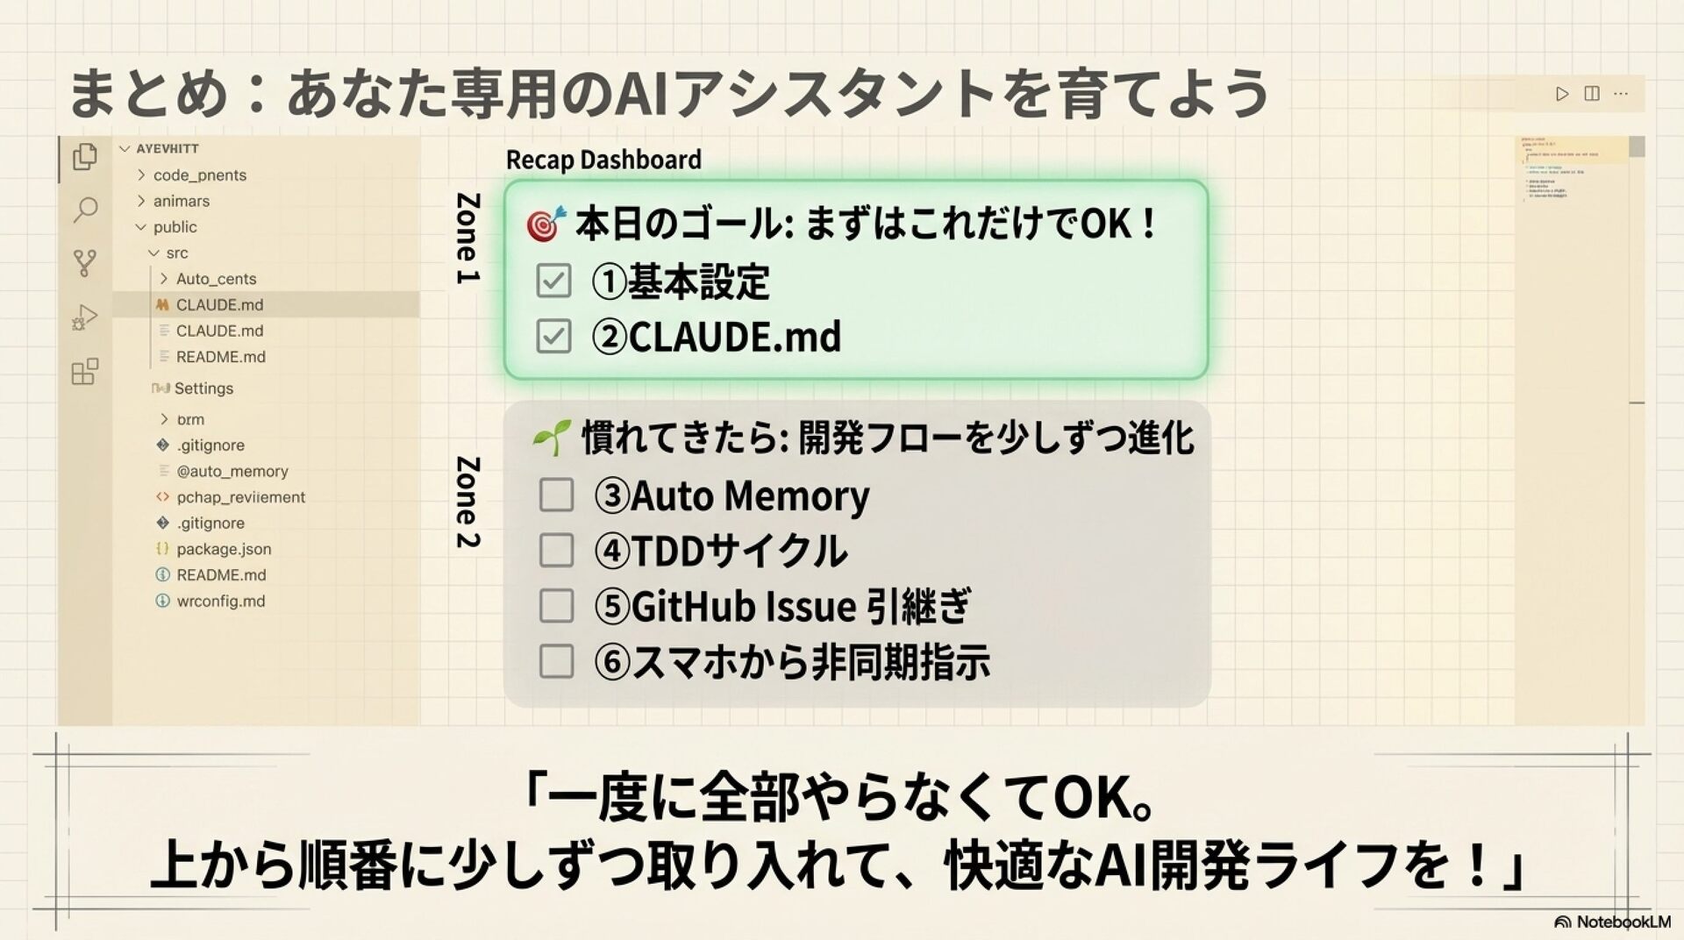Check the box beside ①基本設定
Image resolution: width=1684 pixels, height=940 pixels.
[x=553, y=281]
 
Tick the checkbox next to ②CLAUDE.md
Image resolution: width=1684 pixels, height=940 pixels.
[x=553, y=336]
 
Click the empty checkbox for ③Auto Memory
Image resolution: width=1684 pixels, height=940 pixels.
[x=556, y=495]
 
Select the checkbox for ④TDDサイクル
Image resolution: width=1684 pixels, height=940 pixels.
[x=556, y=551]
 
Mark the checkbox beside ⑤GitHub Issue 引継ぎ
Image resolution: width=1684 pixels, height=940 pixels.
[x=556, y=606]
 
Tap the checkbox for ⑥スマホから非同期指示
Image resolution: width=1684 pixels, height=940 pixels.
[x=556, y=661]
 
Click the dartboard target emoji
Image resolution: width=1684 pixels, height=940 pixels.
[x=546, y=224]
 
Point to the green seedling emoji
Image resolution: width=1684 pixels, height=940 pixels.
[x=552, y=438]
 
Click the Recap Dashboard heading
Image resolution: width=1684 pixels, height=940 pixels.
[x=603, y=160]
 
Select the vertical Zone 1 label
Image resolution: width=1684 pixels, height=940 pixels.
[x=467, y=238]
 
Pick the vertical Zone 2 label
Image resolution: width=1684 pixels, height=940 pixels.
[x=467, y=502]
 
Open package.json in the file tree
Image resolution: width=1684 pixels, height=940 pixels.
[x=224, y=549]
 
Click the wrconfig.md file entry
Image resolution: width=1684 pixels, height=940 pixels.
[x=220, y=601]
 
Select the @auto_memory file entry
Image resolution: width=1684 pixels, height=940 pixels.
[x=232, y=471]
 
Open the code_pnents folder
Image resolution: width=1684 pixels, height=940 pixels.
[x=199, y=175]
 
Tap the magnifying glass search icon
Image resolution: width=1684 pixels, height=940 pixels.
[x=85, y=210]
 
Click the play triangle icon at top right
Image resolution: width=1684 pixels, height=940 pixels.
[x=1562, y=94]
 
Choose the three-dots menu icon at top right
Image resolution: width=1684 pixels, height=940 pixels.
[x=1621, y=94]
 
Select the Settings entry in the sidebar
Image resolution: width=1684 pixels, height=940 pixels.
[x=203, y=388]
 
